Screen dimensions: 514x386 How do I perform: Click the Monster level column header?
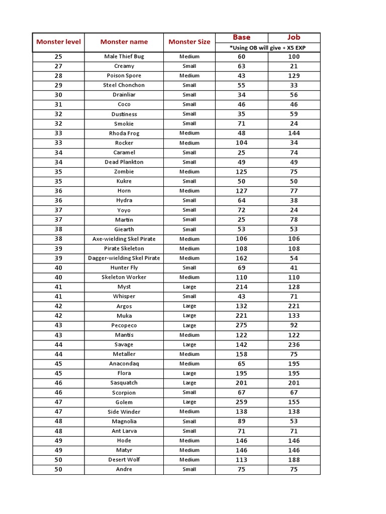pos(58,42)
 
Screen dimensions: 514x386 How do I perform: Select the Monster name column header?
pos(124,42)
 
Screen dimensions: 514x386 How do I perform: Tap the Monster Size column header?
pos(189,42)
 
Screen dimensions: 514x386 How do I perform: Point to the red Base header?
pos(241,37)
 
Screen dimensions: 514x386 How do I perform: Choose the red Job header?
pos(294,37)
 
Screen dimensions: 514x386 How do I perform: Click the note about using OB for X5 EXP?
pos(267,47)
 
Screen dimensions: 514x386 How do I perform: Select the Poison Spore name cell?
pos(124,76)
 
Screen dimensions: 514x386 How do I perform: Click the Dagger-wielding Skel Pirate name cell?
pos(124,258)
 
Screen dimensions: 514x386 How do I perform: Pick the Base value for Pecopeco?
pos(241,325)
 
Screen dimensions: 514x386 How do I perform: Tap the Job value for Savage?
pos(294,345)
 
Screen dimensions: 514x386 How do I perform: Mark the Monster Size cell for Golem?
pos(189,402)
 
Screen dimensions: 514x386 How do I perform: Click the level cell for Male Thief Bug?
pos(58,57)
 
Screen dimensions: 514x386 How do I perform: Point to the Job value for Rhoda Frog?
pos(294,134)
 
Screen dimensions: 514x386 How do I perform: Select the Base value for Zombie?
pos(241,172)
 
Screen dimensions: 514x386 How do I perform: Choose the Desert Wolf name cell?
pos(124,460)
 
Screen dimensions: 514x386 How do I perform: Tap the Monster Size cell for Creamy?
pos(189,66)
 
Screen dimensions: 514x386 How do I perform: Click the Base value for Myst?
pos(241,287)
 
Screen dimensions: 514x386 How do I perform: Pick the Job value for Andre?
pos(294,469)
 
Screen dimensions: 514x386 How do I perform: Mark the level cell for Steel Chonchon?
pos(58,85)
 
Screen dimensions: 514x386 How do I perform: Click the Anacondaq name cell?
pos(124,364)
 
